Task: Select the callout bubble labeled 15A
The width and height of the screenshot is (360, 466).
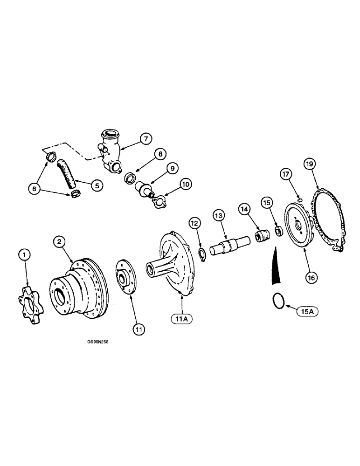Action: pyautogui.click(x=306, y=310)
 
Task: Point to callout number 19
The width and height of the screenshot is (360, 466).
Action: pyautogui.click(x=310, y=164)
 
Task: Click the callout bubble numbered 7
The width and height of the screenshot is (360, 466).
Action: pyautogui.click(x=145, y=138)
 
